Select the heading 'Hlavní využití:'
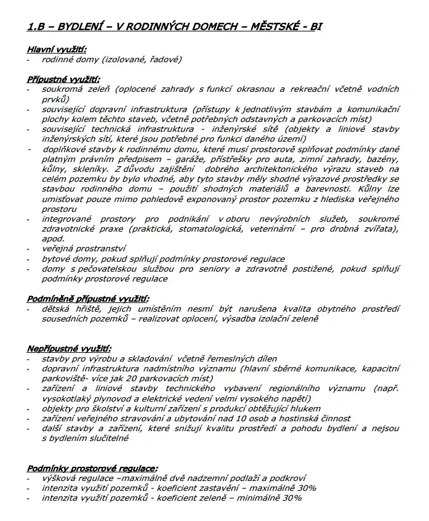pos(57,49)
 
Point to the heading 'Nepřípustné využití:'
pos(68,349)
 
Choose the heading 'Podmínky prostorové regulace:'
pos(92,468)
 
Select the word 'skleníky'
pos(93,169)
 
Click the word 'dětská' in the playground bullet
pos(55,309)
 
